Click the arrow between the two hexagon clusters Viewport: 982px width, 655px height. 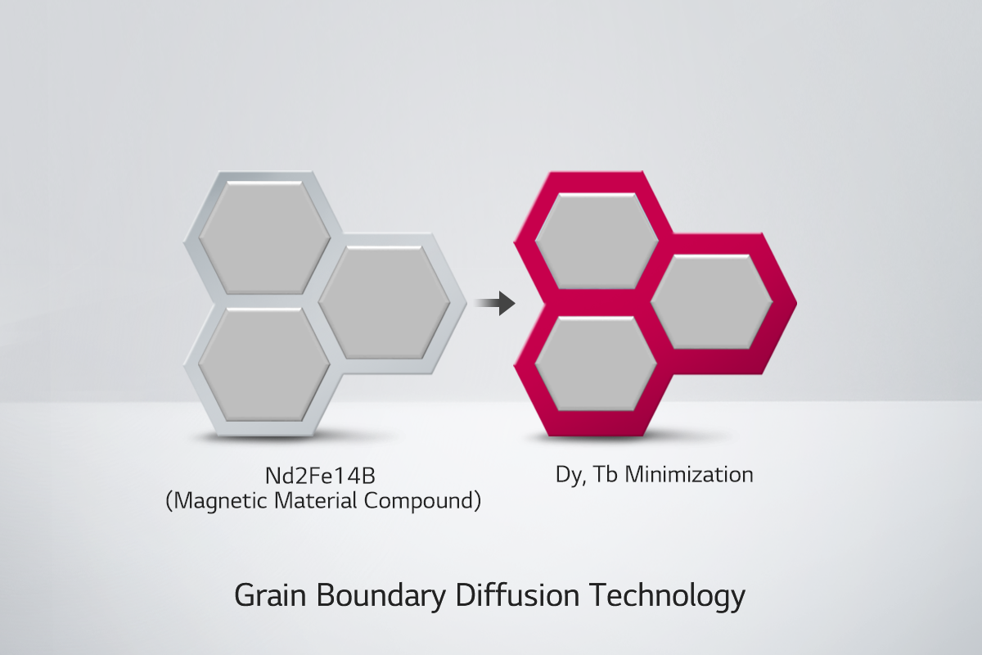point(495,303)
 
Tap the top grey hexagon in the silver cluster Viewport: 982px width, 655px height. point(264,237)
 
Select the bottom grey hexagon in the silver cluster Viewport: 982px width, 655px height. point(264,364)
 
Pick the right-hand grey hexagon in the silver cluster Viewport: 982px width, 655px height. point(384,302)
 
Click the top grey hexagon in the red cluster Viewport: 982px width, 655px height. point(597,242)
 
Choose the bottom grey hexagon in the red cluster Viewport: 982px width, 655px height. point(597,364)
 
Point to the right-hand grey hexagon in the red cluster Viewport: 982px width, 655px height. point(711,302)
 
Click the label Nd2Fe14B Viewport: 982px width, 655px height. point(320,476)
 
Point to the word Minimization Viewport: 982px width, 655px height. point(689,474)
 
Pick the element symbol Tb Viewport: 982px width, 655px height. point(605,474)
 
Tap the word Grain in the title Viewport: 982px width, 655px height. point(271,595)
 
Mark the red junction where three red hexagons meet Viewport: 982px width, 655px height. point(652,303)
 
